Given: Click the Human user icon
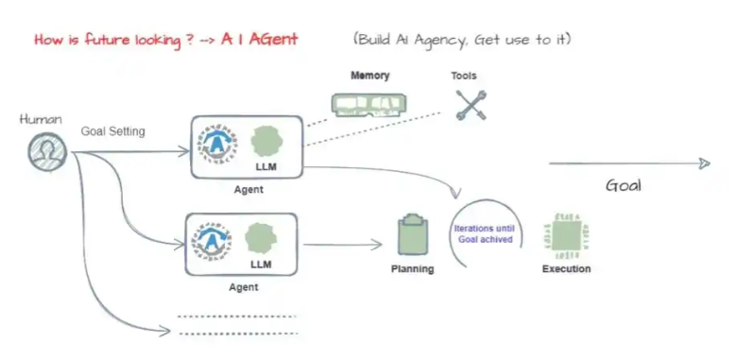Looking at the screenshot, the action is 47,152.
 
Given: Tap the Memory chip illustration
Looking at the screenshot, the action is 368,105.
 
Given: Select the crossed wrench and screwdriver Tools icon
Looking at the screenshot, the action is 471,105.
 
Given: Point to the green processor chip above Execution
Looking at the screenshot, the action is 566,235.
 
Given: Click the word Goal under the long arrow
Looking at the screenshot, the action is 624,185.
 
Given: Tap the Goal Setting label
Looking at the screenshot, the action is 112,131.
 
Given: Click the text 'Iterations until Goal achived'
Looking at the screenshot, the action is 485,234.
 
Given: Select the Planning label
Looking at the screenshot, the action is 413,269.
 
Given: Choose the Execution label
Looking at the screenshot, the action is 566,269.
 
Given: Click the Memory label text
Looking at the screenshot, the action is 369,76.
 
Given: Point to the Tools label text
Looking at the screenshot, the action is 464,76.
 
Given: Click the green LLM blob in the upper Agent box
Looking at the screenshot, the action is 266,141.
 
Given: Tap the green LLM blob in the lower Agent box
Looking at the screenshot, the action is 261,238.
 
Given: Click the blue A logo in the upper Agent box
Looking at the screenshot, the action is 216,144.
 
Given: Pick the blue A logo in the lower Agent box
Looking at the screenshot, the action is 212,241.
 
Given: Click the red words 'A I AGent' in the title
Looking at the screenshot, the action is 260,40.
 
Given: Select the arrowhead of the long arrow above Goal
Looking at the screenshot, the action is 704,163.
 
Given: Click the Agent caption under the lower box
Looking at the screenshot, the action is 244,286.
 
